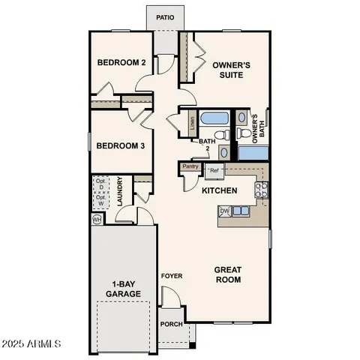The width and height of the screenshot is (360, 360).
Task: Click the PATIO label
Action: pyautogui.click(x=165, y=16)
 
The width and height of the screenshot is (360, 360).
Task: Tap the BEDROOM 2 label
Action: pyautogui.click(x=121, y=63)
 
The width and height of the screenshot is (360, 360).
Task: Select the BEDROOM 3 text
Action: pyautogui.click(x=121, y=145)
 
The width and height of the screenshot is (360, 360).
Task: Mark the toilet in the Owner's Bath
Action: pyautogui.click(x=243, y=134)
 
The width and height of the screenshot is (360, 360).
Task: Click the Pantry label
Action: pyautogui.click(x=190, y=166)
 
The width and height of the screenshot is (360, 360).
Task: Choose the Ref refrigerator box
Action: pyautogui.click(x=214, y=171)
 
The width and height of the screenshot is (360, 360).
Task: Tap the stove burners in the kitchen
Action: pyautogui.click(x=262, y=190)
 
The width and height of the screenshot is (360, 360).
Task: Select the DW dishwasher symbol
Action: pyautogui.click(x=224, y=211)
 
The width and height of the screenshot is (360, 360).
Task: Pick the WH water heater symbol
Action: pyautogui.click(x=97, y=220)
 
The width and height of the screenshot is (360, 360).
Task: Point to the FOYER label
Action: pyautogui.click(x=172, y=276)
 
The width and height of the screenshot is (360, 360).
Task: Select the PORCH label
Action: pyautogui.click(x=172, y=325)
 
